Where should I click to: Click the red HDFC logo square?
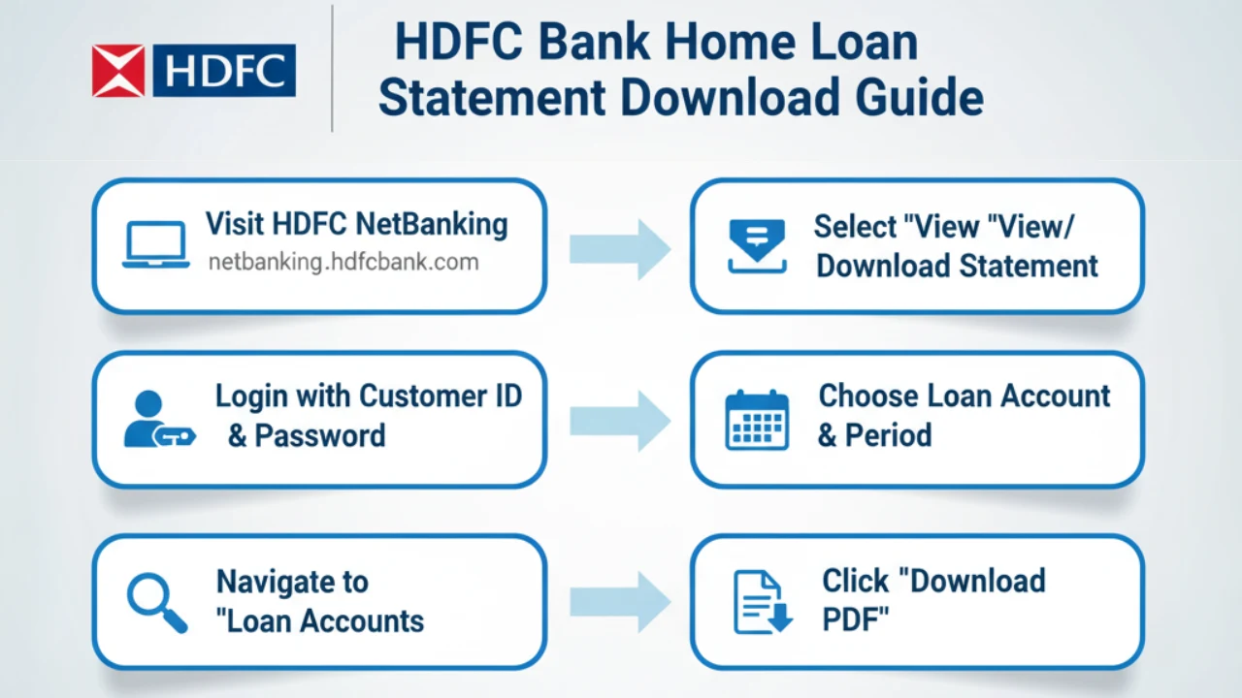click(x=118, y=71)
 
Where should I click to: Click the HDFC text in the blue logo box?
click(x=224, y=71)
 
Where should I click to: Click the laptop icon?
click(x=155, y=244)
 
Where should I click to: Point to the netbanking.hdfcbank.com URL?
click(x=343, y=262)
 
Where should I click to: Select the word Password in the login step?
click(x=319, y=435)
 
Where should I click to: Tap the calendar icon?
click(x=757, y=420)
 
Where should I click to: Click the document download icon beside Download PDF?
click(x=762, y=602)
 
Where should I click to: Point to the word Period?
click(x=888, y=435)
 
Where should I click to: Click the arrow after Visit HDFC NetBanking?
click(x=619, y=248)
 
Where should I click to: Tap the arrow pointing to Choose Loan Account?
click(x=619, y=420)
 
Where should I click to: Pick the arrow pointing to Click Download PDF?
click(x=619, y=602)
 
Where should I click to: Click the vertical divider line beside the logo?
click(x=333, y=68)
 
